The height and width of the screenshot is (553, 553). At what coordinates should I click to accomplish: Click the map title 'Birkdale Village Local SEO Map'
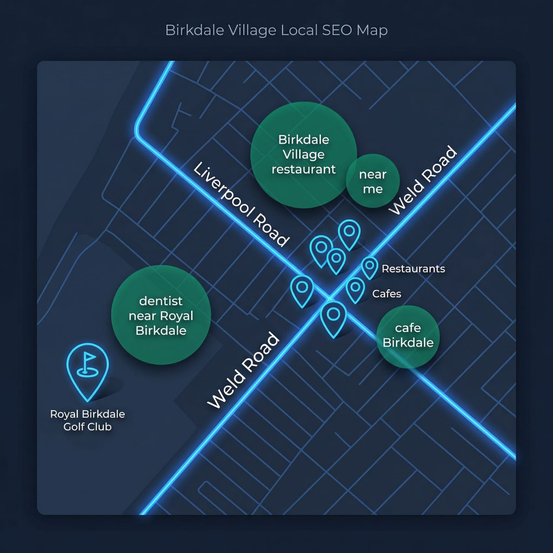276,30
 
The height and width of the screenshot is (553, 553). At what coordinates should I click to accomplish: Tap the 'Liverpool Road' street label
241,204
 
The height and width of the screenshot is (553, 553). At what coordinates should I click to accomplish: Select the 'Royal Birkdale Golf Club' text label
88,420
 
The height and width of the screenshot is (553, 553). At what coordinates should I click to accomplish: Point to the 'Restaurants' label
413,269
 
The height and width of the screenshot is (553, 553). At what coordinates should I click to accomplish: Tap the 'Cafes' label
387,294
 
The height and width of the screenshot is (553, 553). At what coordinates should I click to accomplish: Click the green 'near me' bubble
373,181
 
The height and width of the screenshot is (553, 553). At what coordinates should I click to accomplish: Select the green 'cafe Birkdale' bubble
408,336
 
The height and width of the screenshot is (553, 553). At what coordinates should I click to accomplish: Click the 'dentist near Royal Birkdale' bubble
161,315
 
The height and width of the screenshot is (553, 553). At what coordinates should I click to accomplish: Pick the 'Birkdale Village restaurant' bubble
304,155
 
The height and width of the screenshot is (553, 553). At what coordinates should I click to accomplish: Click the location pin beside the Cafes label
355,289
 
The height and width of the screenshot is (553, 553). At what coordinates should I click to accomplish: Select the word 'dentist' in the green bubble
161,301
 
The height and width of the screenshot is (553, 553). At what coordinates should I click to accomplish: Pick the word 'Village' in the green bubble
304,155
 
